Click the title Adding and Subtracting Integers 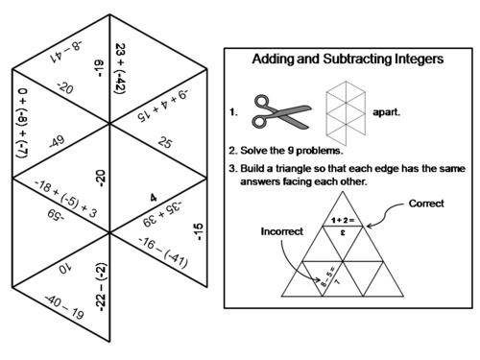pos(348,60)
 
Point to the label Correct pos(426,204)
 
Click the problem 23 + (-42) pos(120,67)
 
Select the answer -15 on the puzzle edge pos(198,231)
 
